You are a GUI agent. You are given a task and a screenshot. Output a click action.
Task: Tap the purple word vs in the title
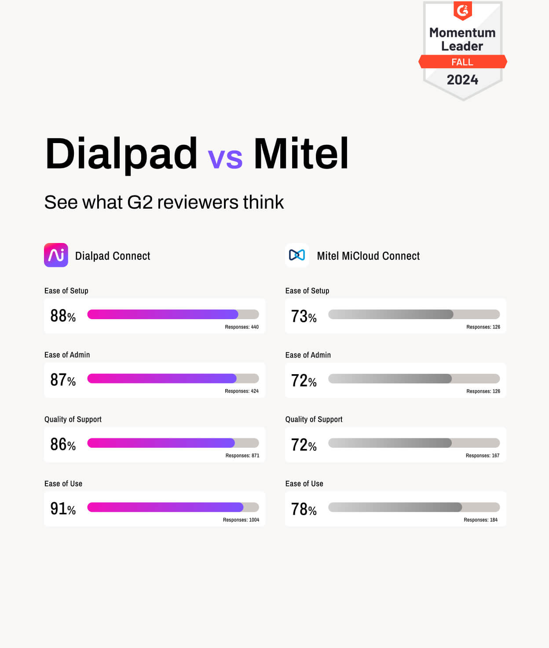(225, 158)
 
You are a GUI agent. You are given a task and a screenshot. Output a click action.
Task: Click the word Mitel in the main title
(301, 154)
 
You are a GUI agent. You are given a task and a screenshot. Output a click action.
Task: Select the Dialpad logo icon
(56, 255)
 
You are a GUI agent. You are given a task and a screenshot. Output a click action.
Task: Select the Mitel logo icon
(297, 255)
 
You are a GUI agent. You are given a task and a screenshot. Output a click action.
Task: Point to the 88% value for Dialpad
(63, 316)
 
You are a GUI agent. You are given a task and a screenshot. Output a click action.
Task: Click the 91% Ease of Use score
(63, 508)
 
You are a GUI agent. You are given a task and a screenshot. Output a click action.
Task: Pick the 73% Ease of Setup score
(304, 316)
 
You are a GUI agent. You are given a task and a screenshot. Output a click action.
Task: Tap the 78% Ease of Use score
(304, 509)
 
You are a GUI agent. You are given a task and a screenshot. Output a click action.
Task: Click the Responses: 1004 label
(241, 520)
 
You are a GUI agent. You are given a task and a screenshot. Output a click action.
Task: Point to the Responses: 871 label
(242, 456)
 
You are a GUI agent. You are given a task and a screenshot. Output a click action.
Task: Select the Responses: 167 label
(483, 456)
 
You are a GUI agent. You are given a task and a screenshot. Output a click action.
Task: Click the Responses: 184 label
(480, 520)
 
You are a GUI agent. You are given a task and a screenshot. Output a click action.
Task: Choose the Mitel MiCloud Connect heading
(368, 256)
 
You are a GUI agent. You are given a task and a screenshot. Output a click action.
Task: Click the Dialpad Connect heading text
(113, 256)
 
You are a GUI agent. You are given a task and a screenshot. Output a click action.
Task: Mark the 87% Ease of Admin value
(63, 379)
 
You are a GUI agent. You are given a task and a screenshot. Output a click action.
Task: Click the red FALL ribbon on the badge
(462, 62)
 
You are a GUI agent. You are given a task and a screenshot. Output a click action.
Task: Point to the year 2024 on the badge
(462, 80)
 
